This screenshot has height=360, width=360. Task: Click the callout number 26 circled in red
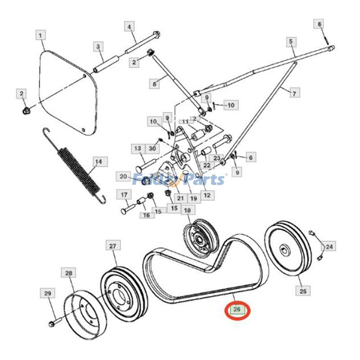click(237, 309)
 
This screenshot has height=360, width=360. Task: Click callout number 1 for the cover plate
click(40, 35)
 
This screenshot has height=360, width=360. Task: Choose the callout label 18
click(187, 210)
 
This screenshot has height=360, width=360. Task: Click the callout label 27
click(112, 246)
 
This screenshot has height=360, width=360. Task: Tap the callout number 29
click(48, 293)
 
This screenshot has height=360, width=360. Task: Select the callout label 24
click(329, 247)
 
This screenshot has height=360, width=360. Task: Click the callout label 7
click(294, 94)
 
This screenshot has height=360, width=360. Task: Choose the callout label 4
click(130, 27)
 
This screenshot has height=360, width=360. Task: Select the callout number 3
click(98, 46)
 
